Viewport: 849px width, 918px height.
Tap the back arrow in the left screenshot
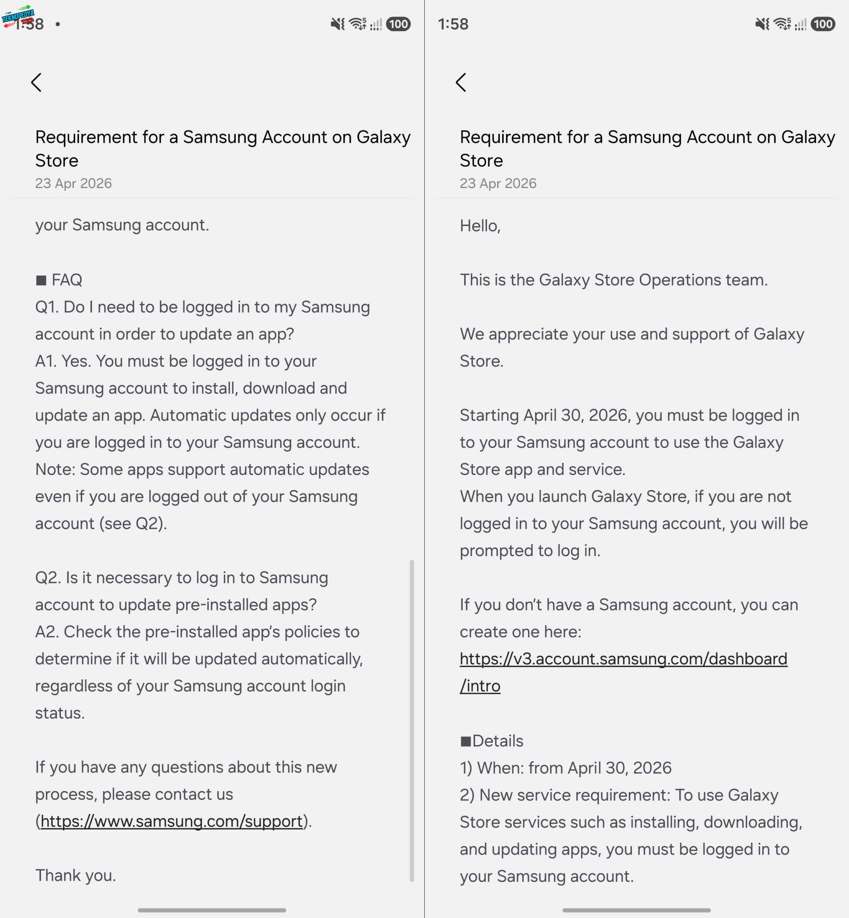click(x=36, y=82)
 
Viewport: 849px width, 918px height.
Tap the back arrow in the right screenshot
click(x=461, y=82)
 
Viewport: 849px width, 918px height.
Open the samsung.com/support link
click(x=171, y=821)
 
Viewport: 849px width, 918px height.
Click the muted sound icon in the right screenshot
click(x=762, y=24)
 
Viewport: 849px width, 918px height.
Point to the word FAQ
click(x=67, y=280)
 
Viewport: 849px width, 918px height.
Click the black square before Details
click(x=465, y=741)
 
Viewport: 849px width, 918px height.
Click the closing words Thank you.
click(x=75, y=875)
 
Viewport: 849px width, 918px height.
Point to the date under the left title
click(x=74, y=184)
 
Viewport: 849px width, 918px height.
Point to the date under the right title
click(x=498, y=184)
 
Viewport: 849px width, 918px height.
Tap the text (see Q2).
click(x=133, y=524)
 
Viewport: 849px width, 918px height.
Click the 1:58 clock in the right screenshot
click(x=453, y=24)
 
